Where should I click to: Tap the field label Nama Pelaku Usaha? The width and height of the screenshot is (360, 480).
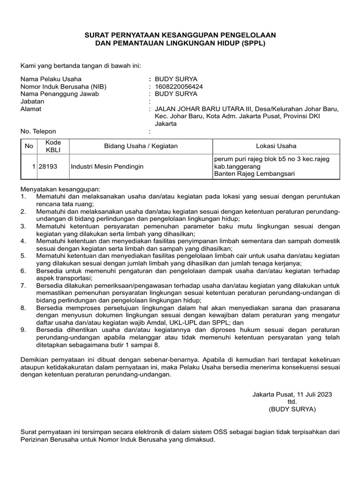point(51,79)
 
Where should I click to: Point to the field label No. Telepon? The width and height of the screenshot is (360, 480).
point(38,131)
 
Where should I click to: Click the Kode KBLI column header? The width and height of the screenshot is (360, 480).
point(50,146)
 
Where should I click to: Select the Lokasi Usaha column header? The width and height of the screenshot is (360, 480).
point(276,146)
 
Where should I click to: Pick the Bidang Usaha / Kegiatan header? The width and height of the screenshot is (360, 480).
point(141,146)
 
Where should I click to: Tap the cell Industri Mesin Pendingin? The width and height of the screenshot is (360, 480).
point(107,166)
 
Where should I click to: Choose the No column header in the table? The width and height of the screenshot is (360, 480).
point(29,146)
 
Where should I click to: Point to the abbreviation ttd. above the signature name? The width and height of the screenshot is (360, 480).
point(292,402)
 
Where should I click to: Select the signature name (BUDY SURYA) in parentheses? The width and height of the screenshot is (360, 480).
point(292,409)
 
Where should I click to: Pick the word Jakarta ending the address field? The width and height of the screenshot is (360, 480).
point(166,124)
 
